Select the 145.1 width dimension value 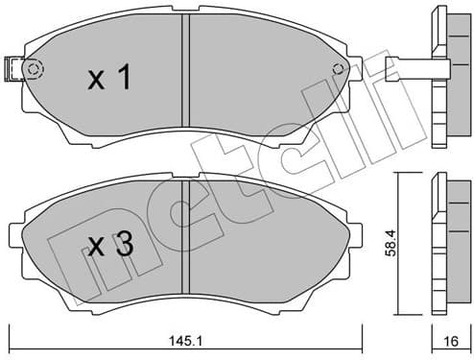[187, 338]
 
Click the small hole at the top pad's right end [338, 68]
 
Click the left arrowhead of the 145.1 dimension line [12, 326]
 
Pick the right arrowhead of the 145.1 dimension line [363, 326]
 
